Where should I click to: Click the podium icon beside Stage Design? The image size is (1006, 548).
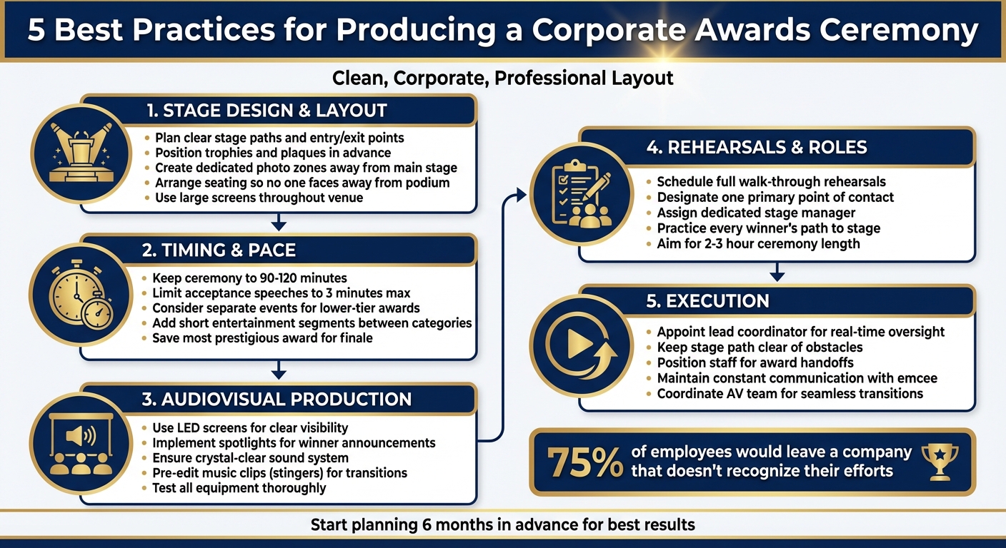coord(80,153)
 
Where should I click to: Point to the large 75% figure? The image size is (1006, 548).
coord(585,462)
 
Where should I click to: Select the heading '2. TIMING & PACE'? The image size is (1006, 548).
coord(219,250)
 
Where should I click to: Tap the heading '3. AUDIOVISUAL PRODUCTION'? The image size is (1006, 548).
coord(277,399)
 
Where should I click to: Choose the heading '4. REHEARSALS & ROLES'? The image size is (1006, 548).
coord(757,148)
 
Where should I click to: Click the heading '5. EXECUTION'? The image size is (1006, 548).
coord(707,301)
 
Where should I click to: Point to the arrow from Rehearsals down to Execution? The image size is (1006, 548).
coord(777,273)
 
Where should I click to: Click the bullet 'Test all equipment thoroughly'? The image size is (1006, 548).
coord(239,488)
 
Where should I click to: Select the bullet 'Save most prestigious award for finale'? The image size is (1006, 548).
coord(262,338)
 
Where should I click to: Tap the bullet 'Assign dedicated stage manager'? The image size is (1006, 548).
coord(756,213)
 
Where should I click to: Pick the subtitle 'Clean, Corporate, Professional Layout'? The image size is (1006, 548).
coord(502,77)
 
